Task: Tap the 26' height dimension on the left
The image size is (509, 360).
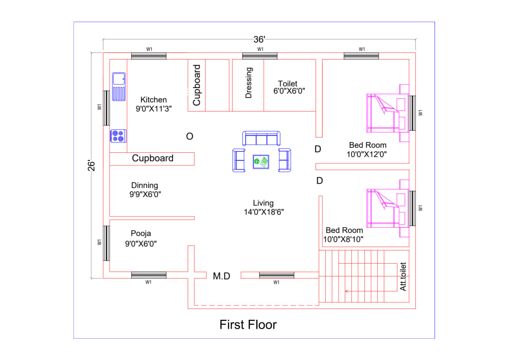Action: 91,166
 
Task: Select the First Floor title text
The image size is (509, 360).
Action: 248,324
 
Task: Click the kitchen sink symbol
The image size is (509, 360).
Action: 119,79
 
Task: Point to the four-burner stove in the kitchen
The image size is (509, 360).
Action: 118,136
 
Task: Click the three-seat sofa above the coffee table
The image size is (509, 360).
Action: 261,139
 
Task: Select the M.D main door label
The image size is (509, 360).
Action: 221,276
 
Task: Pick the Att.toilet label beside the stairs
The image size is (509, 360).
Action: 403,276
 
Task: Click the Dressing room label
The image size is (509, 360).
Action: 249,82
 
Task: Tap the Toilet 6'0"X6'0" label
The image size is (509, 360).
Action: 288,88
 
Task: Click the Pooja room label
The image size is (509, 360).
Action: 140,238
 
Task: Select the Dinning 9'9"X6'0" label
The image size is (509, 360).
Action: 145,189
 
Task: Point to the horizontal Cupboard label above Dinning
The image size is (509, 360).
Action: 153,158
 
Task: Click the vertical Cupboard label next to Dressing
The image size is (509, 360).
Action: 197,85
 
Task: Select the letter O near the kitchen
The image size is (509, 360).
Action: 189,136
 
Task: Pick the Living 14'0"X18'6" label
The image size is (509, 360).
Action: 263,207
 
